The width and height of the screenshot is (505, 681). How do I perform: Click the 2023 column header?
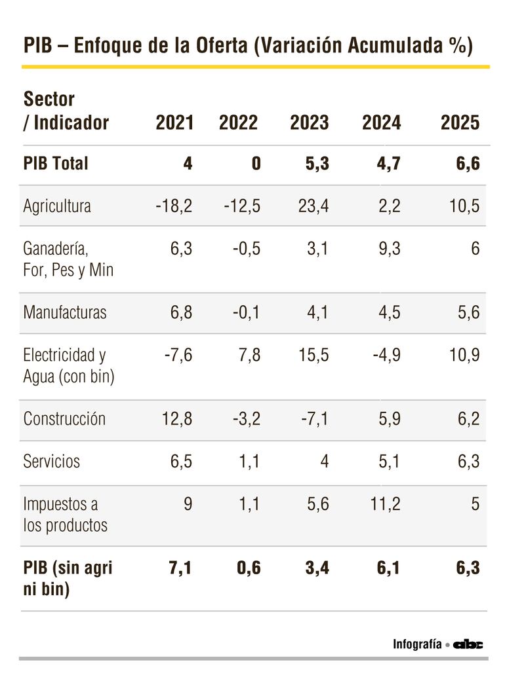[x=310, y=122]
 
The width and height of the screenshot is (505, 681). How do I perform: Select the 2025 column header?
[x=460, y=122]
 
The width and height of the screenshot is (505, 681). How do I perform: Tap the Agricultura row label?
[x=57, y=206]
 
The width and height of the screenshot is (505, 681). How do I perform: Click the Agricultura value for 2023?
[x=312, y=206]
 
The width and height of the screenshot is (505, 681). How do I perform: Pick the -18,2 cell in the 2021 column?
[x=174, y=206]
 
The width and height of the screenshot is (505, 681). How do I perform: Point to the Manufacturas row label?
[x=64, y=312]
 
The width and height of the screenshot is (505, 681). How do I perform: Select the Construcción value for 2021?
[x=177, y=419]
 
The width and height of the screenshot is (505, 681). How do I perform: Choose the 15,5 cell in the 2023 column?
[x=312, y=355]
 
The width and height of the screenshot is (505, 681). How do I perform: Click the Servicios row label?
[x=51, y=461]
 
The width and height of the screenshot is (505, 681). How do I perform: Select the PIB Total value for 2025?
[x=468, y=163]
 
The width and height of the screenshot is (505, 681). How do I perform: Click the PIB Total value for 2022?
[x=255, y=163]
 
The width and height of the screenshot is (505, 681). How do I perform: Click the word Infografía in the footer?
[x=417, y=644]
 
